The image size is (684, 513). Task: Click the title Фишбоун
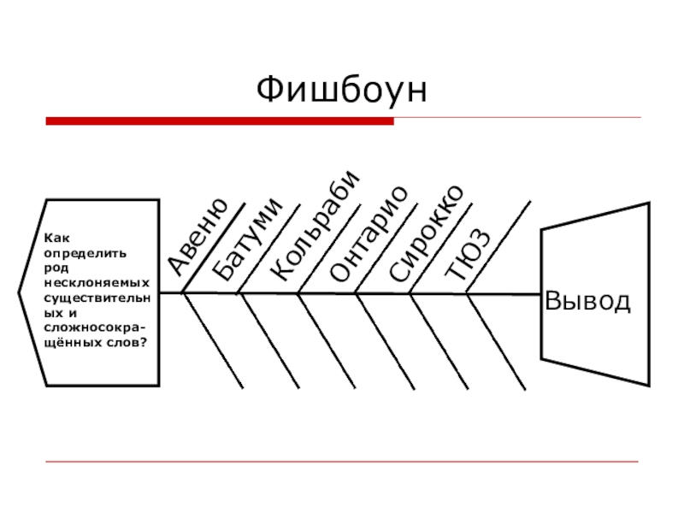click(341, 90)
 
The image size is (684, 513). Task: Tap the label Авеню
click(198, 237)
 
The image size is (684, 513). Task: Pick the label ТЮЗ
click(469, 255)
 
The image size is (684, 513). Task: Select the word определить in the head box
click(85, 254)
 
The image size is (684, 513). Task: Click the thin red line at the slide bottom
click(342, 463)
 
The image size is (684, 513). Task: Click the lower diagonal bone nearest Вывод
click(496, 340)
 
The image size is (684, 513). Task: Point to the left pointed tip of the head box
click(20, 292)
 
